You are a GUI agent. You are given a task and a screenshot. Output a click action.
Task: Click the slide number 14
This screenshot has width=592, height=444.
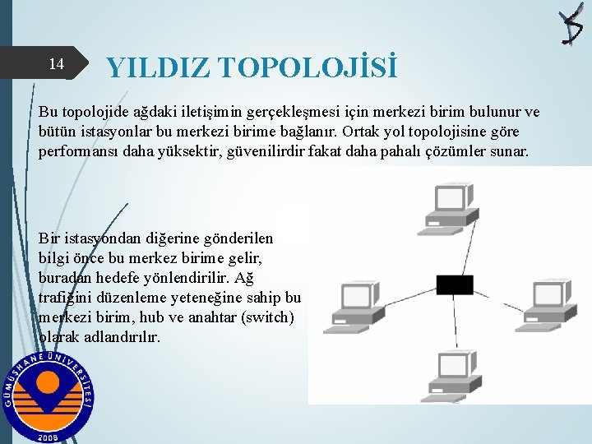coord(56,64)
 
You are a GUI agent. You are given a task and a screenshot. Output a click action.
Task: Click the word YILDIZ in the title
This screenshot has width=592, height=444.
coord(158,67)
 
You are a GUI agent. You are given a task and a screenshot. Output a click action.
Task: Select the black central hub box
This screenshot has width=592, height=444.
coord(455,284)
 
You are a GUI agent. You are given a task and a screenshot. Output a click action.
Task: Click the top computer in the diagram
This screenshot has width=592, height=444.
coord(451,205)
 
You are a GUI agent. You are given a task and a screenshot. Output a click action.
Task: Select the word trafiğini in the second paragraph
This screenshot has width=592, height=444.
coord(67,297)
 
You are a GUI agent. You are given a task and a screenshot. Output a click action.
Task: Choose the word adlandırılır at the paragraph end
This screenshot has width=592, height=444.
coord(125,336)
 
